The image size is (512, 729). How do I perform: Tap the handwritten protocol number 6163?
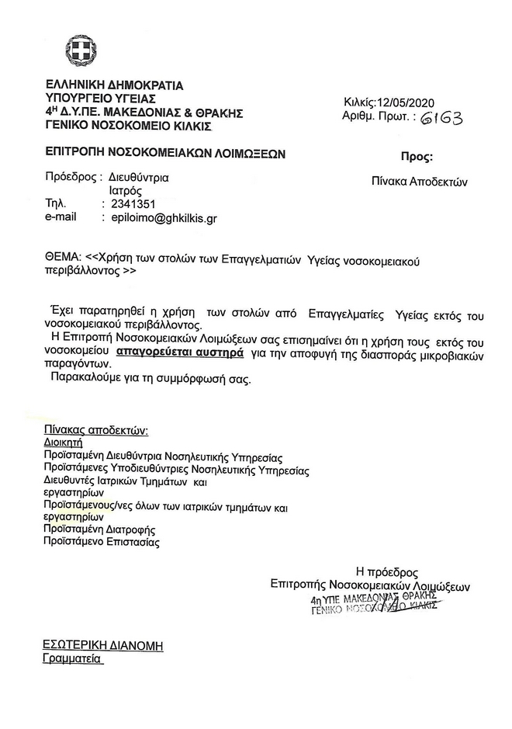pyautogui.click(x=442, y=117)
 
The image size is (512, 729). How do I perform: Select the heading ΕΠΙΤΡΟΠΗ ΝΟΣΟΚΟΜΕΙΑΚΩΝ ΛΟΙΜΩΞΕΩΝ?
pyautogui.click(x=165, y=154)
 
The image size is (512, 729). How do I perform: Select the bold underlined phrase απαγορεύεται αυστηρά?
pyautogui.click(x=180, y=352)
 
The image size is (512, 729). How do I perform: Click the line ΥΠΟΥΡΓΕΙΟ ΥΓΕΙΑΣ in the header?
pyautogui.click(x=101, y=99)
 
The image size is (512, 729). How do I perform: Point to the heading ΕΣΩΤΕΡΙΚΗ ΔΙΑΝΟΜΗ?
pyautogui.click(x=103, y=646)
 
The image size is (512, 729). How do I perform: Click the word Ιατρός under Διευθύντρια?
pyautogui.click(x=124, y=189)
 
